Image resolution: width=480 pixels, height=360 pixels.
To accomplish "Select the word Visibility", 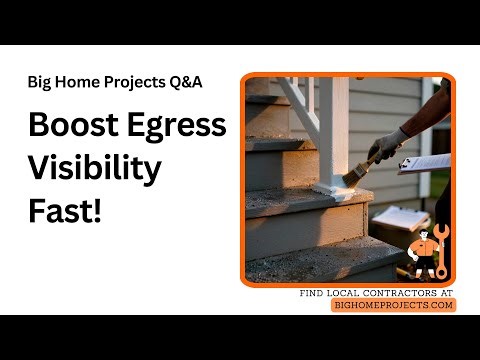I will (94, 169).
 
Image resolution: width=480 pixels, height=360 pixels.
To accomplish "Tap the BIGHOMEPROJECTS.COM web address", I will (394, 305).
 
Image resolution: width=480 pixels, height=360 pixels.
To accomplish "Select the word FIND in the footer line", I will (314, 293).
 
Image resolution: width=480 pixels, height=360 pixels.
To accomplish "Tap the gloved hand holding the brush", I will (385, 148).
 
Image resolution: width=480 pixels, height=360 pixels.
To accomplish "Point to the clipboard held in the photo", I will (424, 162).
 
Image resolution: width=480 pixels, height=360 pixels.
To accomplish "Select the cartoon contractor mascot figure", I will (426, 254).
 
